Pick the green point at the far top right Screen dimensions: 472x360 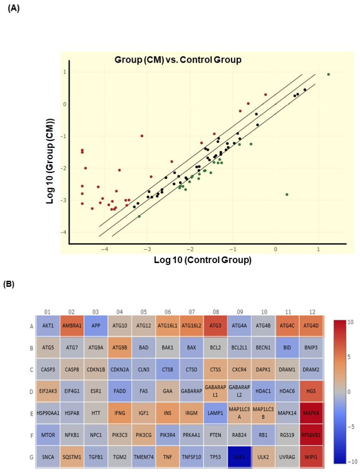[x=328, y=75]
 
